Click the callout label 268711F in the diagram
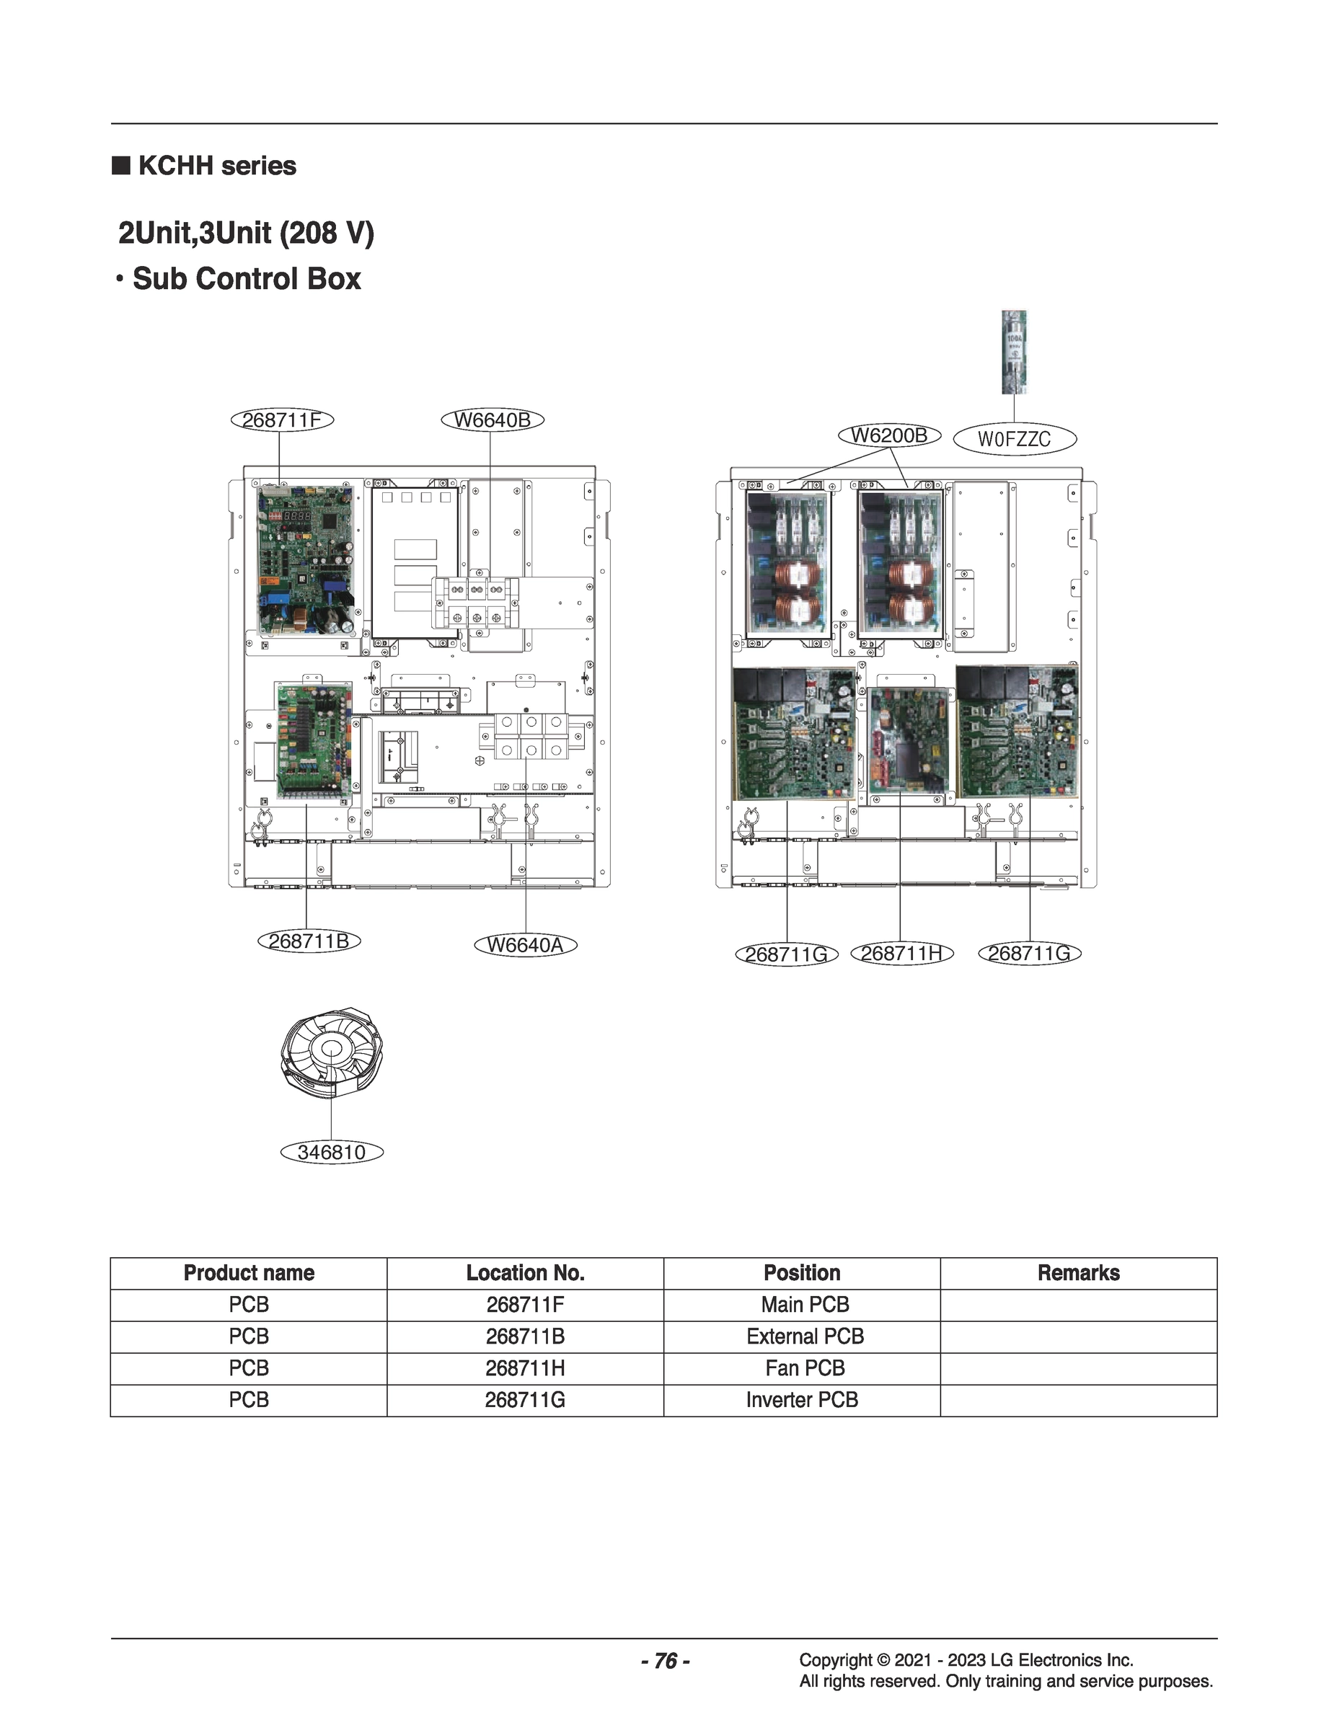[x=282, y=420]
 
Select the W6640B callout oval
[x=492, y=420]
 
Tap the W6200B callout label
[x=889, y=435]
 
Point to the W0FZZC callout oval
[x=1014, y=439]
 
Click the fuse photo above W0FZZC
[x=1013, y=352]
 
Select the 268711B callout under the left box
[x=309, y=941]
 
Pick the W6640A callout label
[x=525, y=945]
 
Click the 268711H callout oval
[x=902, y=954]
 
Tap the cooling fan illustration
[x=332, y=1052]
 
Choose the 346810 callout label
[x=332, y=1152]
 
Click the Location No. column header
[x=524, y=1273]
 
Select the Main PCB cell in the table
[x=805, y=1305]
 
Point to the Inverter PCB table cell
[x=801, y=1399]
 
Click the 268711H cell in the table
[x=524, y=1368]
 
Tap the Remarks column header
[x=1078, y=1273]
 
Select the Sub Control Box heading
[x=246, y=278]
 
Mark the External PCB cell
[x=805, y=1336]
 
